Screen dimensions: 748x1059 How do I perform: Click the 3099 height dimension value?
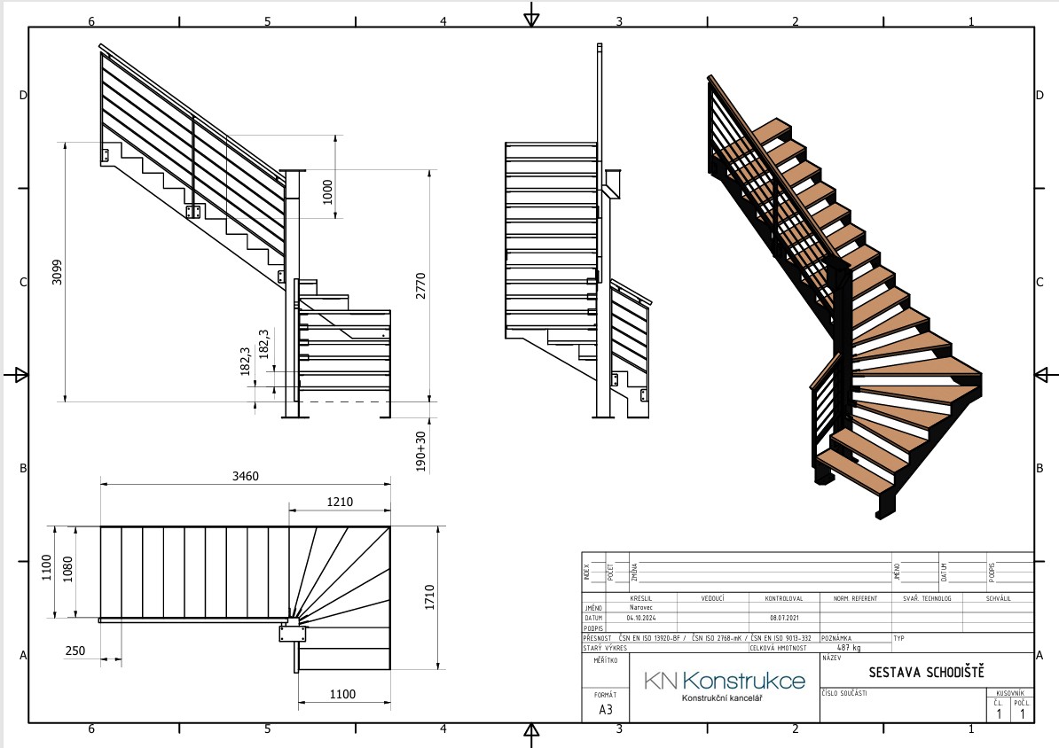[x=57, y=276]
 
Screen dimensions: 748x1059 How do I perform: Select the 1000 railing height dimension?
[x=328, y=191]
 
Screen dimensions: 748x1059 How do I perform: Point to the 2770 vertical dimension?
[x=422, y=285]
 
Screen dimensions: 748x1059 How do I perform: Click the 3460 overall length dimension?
[x=245, y=477]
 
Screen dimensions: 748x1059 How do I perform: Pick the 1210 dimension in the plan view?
[x=339, y=502]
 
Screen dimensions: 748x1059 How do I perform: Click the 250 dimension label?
[x=75, y=651]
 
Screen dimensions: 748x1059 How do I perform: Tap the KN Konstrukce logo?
[x=725, y=681]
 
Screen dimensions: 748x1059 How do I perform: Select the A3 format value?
[x=606, y=710]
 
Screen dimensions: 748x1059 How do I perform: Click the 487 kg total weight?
[x=851, y=648]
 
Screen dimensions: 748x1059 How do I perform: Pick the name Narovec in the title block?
[x=641, y=608]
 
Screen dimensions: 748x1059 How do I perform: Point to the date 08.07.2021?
[x=776, y=618]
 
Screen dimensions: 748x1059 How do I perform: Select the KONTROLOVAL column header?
[x=783, y=598]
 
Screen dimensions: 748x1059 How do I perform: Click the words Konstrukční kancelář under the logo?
[x=721, y=698]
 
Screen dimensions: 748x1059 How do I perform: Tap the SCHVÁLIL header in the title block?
[x=998, y=598]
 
